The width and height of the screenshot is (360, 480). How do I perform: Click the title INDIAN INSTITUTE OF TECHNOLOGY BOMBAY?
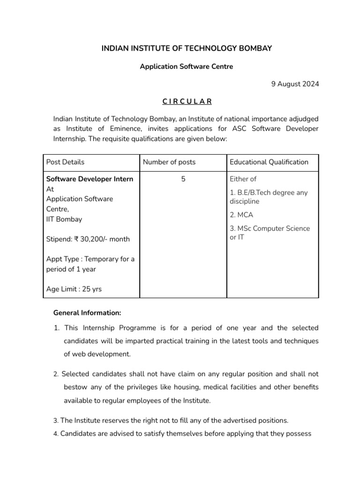(187, 48)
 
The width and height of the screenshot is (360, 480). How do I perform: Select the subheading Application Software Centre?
(187, 67)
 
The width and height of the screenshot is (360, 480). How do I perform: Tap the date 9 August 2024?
(295, 84)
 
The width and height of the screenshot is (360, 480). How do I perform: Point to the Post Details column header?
(66, 162)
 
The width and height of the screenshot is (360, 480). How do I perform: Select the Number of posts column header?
(169, 162)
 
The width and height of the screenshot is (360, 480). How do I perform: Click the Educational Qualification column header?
(269, 162)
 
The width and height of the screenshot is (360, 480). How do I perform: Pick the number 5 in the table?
(183, 179)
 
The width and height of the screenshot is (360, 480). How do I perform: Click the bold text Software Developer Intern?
(90, 179)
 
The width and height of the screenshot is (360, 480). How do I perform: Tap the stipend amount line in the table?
(88, 239)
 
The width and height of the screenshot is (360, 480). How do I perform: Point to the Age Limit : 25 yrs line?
(74, 289)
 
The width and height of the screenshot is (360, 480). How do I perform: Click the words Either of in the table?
(243, 179)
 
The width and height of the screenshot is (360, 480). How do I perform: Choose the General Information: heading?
(87, 313)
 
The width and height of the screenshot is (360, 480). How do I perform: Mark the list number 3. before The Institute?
(55, 420)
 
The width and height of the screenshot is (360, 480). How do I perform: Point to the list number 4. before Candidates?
(55, 434)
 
